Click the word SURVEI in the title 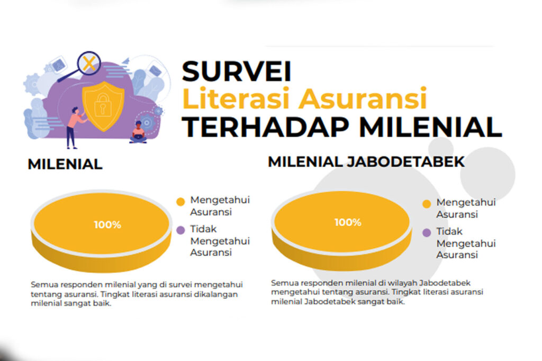point(237,71)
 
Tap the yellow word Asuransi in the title point(363,98)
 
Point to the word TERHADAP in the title point(266,127)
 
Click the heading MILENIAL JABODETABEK point(366,162)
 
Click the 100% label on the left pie point(107,225)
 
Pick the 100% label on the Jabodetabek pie point(348,222)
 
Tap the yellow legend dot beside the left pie point(180,202)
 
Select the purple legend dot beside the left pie point(180,230)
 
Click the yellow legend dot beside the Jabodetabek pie point(427,204)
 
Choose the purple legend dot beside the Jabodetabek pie point(427,233)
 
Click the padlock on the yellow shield point(102,105)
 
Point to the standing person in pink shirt point(74,128)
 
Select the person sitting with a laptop point(138,133)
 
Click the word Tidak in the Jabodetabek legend point(449,231)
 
